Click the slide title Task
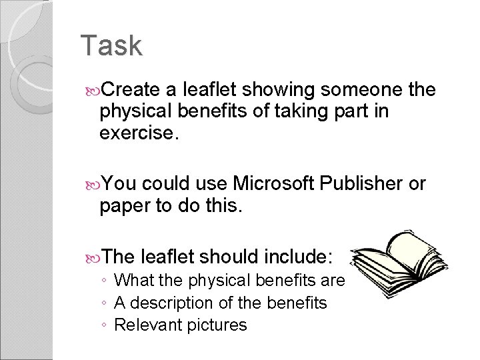pyautogui.click(x=111, y=46)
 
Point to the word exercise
pyautogui.click(x=139, y=133)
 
